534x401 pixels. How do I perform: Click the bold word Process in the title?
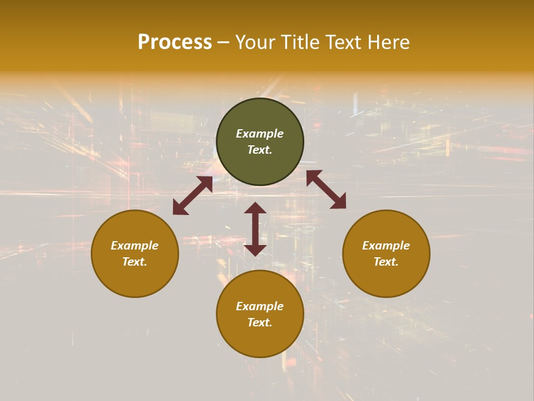tap(175, 42)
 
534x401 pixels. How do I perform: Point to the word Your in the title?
tap(256, 42)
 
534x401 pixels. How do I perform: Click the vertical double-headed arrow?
tap(255, 229)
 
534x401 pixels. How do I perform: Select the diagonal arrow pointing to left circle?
tap(192, 195)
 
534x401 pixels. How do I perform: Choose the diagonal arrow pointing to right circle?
tap(326, 189)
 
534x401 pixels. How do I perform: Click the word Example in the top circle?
tap(260, 134)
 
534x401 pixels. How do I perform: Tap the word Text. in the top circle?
tap(260, 150)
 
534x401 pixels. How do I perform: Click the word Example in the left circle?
tap(135, 246)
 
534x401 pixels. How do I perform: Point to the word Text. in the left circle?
tap(135, 262)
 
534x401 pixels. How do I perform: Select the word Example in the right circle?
tap(386, 246)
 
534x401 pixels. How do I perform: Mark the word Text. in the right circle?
tap(386, 262)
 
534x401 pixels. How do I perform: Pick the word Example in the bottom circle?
tap(260, 306)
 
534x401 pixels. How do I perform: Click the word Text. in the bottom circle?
tap(260, 322)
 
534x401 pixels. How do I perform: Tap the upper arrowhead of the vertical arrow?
tap(255, 208)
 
